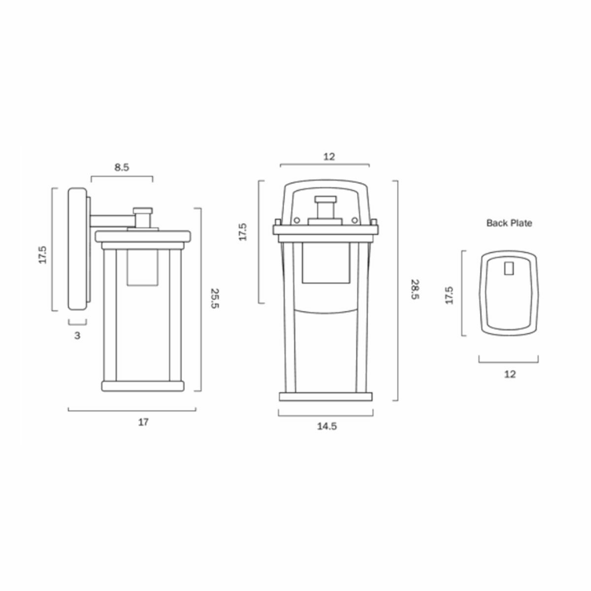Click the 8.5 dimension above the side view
[122, 167]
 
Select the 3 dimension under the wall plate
[77, 336]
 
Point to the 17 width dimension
[143, 422]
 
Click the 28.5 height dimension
[415, 291]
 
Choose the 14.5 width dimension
[327, 427]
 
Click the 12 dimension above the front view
[329, 157]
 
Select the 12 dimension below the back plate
[510, 374]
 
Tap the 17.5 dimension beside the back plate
[449, 294]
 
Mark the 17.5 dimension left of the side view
[42, 255]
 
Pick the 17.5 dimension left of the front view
[242, 232]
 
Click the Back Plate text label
[509, 223]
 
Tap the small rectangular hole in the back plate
[509, 269]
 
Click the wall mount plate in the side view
[77, 249]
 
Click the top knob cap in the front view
[325, 199]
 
